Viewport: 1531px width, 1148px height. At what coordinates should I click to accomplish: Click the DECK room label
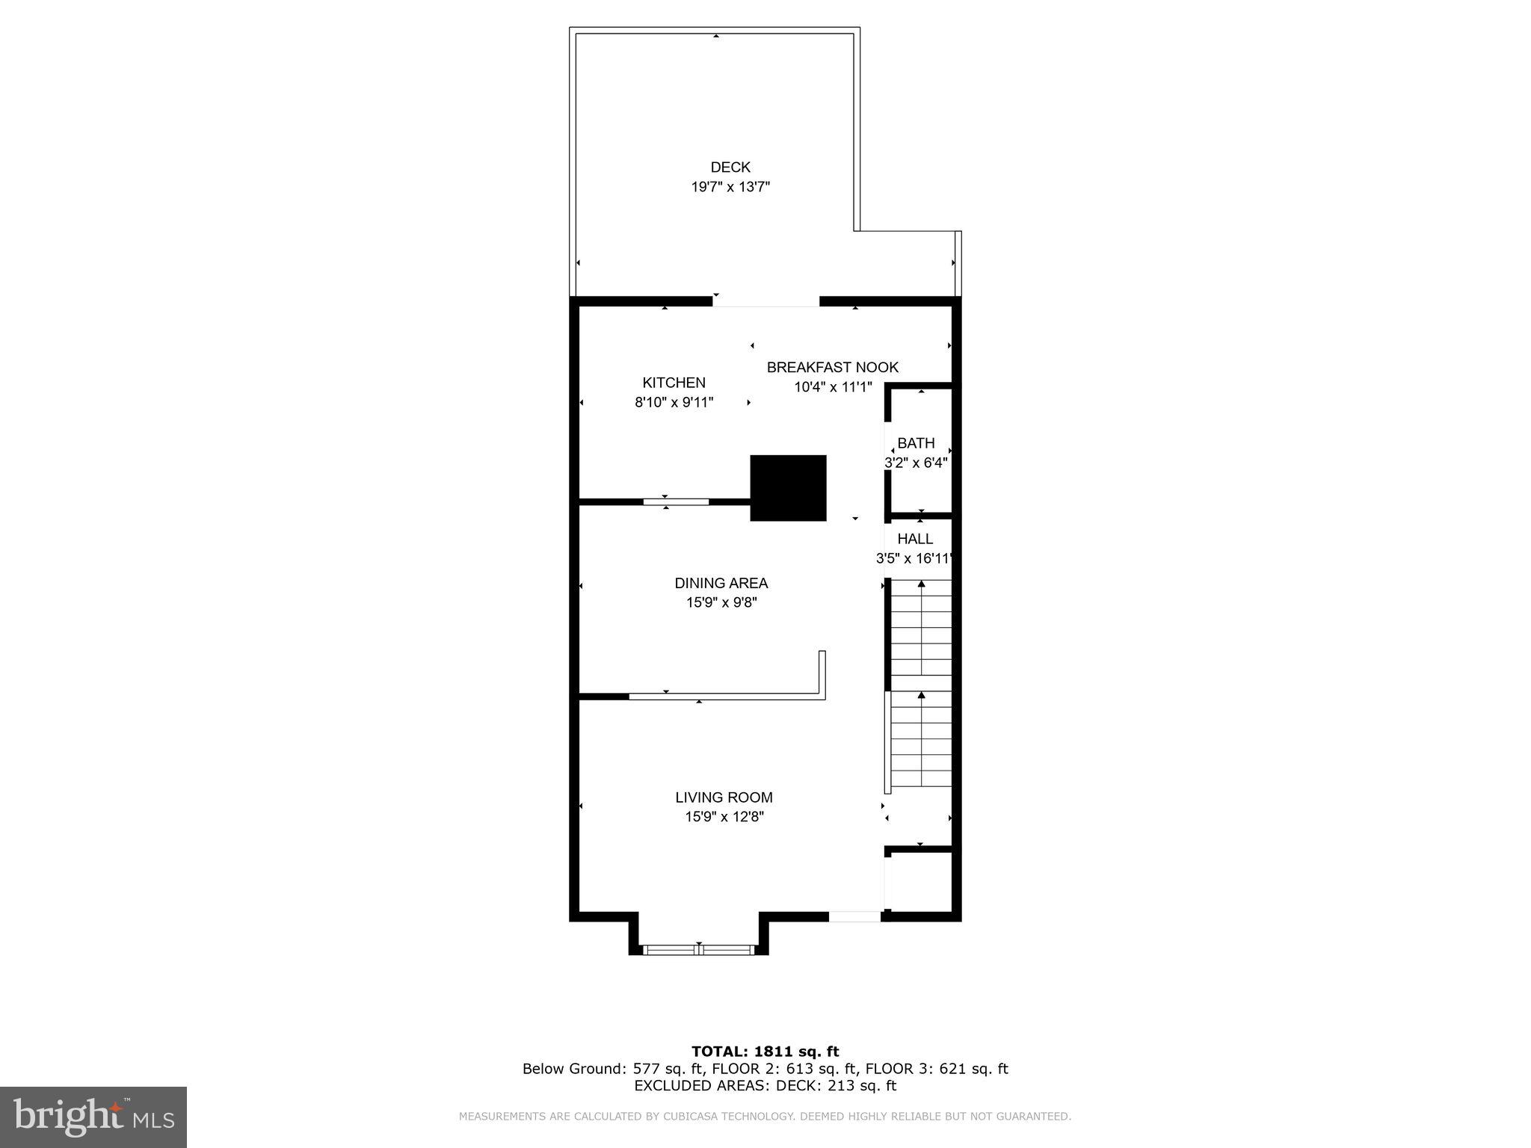click(730, 167)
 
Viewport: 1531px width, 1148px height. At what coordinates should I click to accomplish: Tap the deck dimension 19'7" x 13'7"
click(730, 187)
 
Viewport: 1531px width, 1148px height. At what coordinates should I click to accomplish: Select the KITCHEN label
click(674, 383)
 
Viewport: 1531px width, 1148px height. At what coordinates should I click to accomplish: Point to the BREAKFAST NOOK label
click(832, 367)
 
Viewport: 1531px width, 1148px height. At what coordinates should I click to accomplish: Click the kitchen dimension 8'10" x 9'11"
click(674, 402)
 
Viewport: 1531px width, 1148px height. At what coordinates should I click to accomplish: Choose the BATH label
click(916, 443)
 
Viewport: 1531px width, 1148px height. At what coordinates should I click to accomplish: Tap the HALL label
click(915, 539)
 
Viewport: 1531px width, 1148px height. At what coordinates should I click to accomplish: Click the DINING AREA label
click(721, 583)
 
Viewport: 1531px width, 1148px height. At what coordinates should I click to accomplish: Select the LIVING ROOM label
click(724, 797)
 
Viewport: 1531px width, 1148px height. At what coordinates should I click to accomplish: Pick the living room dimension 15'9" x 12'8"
click(724, 817)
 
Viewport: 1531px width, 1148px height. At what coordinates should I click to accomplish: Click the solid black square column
click(788, 487)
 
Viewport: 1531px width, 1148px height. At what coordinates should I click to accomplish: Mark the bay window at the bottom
click(698, 950)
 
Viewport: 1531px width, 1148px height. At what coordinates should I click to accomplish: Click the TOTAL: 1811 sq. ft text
click(765, 1052)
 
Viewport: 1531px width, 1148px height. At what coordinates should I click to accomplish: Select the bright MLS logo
click(93, 1117)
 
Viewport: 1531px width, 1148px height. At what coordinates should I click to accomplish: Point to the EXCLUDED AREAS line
click(765, 1086)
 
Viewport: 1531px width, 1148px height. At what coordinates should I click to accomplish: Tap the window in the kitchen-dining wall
click(676, 502)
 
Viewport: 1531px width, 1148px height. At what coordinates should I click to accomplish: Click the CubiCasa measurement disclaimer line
click(765, 1117)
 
